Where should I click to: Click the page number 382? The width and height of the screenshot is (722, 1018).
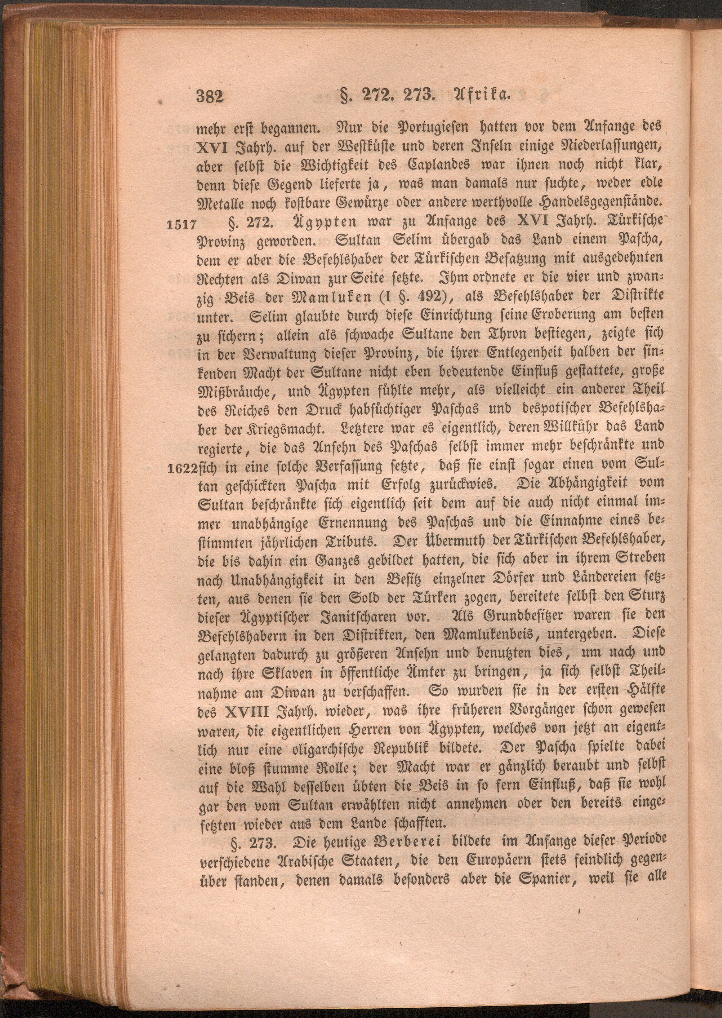tap(210, 97)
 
